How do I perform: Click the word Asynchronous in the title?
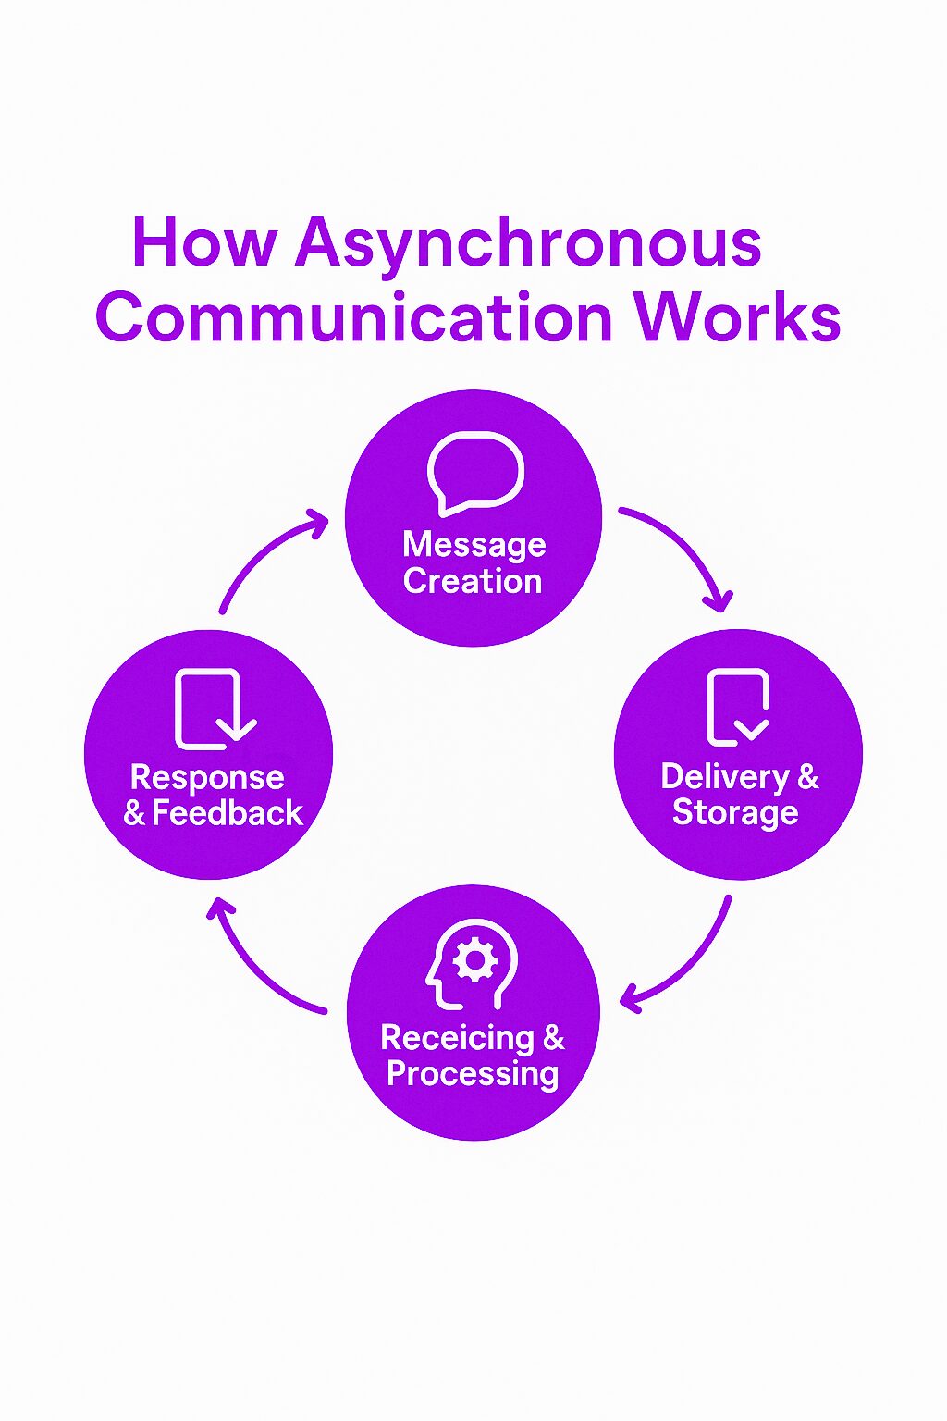[528, 243]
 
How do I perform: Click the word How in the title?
[203, 242]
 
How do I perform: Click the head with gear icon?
[473, 963]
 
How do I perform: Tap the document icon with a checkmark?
[738, 708]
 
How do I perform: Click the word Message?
[474, 545]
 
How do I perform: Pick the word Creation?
[473, 581]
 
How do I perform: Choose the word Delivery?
[725, 777]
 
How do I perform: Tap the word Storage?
[735, 812]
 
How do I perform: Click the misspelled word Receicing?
[457, 1038]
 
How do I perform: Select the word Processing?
[473, 1074]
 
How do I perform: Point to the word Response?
[207, 777]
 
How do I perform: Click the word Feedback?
[228, 813]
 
